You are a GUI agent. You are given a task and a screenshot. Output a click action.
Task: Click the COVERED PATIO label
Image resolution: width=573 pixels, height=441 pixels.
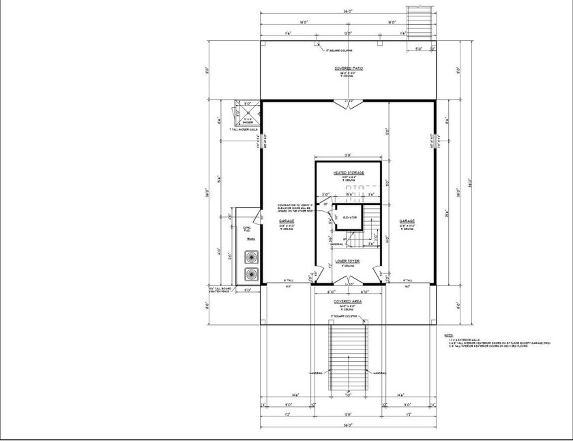pos(348,69)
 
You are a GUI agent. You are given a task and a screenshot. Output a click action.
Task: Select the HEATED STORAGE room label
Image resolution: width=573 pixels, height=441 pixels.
pos(348,173)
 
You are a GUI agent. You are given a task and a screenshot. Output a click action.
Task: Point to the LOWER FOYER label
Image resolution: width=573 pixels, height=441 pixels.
pos(348,261)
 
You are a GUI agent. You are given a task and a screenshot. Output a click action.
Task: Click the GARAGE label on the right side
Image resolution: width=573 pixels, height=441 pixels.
pos(407,221)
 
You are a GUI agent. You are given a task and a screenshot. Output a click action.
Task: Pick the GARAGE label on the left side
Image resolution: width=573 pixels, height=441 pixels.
pos(286,222)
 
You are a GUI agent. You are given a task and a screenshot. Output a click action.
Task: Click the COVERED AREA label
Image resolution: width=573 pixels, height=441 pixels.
pos(348,300)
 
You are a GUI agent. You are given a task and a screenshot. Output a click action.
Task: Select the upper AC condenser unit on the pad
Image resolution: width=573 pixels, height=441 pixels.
pos(251,257)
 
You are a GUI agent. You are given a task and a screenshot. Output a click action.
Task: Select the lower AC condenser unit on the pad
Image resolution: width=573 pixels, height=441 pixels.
pos(251,274)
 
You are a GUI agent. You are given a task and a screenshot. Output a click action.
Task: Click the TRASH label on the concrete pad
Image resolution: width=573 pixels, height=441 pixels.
pos(250,239)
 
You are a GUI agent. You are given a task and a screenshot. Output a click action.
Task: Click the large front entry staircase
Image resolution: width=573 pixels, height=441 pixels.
pos(348,355)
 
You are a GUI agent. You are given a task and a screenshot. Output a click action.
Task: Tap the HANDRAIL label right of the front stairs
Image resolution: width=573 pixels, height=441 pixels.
pos(380,373)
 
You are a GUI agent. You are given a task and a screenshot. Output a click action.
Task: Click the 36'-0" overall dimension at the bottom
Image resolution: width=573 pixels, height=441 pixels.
pos(348,425)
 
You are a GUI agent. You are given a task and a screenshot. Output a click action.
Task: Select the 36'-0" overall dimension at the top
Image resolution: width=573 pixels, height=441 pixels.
pos(348,12)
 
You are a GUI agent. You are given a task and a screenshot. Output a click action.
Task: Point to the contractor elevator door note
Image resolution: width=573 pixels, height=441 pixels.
pos(295,208)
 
